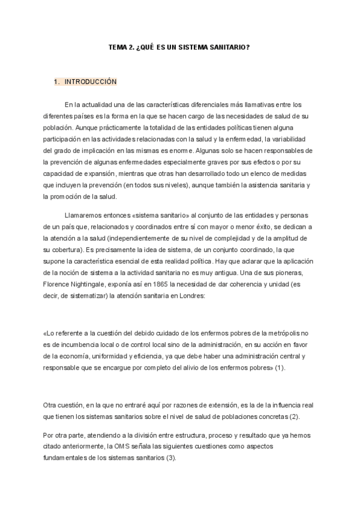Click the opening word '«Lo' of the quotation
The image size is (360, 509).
click(x=49, y=333)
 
